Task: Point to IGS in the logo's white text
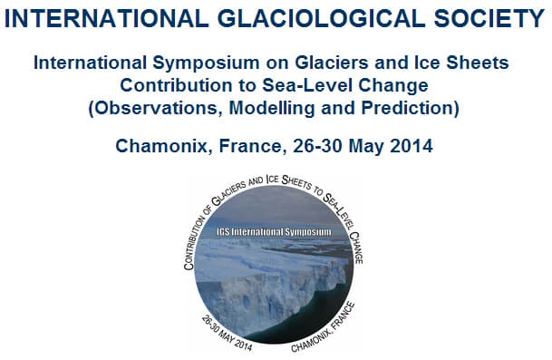[226, 232]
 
